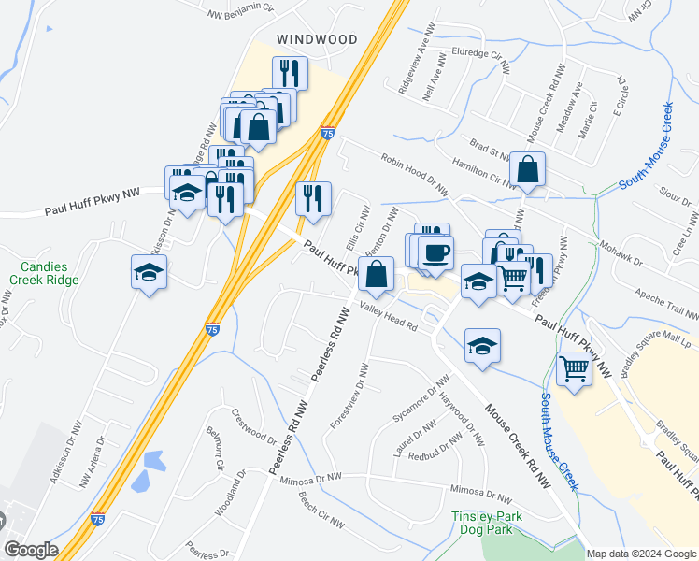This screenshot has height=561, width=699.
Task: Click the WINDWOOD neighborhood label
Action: tap(317, 39)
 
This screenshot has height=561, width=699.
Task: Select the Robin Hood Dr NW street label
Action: tap(415, 173)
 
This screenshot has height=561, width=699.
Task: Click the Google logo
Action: tap(31, 550)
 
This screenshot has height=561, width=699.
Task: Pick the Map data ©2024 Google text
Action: tap(640, 554)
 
